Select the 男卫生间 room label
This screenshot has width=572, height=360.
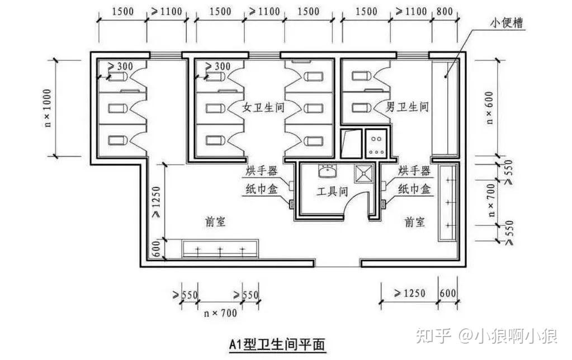407,107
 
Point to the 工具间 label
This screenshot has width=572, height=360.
333,192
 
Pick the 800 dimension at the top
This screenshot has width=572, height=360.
445,12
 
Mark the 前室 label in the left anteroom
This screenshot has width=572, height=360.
215,222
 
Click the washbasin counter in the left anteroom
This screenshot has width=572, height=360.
220,248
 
